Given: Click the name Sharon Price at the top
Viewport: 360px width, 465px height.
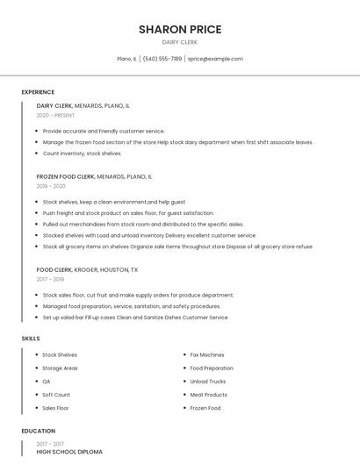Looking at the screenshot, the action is pos(180,29).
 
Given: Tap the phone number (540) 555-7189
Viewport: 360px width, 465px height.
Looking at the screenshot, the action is pos(162,59).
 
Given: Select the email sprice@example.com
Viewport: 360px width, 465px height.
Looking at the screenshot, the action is pos(215,59).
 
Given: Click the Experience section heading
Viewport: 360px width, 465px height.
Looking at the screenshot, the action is pos(38,92).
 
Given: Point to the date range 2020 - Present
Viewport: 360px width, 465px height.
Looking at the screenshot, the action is pos(55,115).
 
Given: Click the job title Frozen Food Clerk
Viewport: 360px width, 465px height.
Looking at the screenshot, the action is pos(66,176).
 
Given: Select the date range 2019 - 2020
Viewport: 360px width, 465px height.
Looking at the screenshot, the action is pos(51,186).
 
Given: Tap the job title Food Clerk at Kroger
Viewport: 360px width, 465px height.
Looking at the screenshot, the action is pos(54,270).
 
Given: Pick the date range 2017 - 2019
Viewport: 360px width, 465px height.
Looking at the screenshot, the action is pos(51,280).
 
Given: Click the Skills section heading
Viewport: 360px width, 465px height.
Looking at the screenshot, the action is pos(31,338).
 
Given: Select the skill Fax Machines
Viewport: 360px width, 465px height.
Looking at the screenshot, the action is pos(207,355).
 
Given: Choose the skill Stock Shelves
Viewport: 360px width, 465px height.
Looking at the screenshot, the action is pos(60,355).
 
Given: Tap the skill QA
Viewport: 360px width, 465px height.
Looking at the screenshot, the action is pos(47,382).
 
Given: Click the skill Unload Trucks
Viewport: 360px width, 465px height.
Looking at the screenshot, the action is pos(208,382).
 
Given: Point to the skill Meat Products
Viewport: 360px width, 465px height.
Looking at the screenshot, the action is pos(209,395).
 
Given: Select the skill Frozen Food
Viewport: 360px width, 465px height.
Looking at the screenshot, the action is pos(205,408).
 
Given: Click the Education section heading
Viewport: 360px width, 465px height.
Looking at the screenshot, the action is pos(39,432).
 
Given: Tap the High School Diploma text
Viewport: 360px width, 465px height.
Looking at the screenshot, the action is pos(69,452).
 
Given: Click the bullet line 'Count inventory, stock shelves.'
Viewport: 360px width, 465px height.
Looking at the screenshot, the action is pos(82,154).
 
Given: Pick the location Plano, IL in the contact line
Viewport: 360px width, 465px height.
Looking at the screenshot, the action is pos(126,59).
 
